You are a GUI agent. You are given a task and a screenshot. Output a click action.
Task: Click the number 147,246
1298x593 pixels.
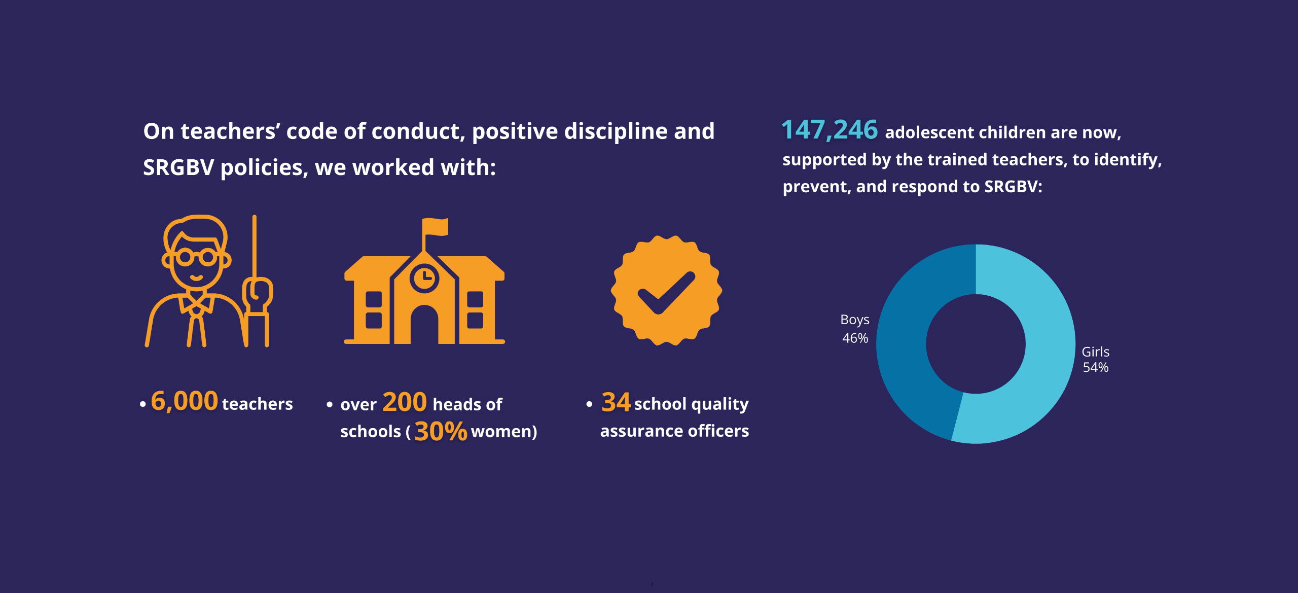[x=830, y=130]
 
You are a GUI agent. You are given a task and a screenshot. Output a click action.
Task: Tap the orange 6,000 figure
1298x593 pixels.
[x=185, y=401]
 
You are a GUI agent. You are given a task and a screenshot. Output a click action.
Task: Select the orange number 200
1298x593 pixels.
[x=405, y=402]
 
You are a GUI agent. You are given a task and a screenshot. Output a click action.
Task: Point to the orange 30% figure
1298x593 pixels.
[x=440, y=432]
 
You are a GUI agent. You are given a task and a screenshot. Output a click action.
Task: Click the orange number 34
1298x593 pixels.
[x=616, y=402]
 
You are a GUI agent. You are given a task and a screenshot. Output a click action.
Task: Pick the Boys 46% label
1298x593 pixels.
[x=855, y=329]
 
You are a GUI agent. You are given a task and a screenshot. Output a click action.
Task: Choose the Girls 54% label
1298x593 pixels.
[x=1095, y=359]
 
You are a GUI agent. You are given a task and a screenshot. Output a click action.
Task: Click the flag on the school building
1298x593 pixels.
[x=436, y=226]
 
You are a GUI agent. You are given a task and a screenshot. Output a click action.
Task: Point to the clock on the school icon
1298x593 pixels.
[x=424, y=277]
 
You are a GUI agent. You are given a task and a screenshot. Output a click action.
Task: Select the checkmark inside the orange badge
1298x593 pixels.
[x=666, y=293]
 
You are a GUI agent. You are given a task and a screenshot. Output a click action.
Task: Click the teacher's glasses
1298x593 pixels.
[x=197, y=258]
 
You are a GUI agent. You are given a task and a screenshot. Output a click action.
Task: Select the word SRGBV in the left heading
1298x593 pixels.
[x=178, y=167]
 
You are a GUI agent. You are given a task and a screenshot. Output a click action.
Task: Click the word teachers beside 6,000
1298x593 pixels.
[x=257, y=404]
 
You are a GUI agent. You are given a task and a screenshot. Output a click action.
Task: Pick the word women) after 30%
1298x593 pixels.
[x=504, y=432]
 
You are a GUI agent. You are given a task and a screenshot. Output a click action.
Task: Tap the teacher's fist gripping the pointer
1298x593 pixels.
[x=258, y=294]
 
